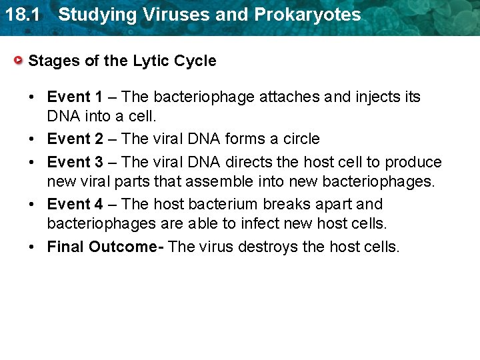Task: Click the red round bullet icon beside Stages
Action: pos(20,61)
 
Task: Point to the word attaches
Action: pos(290,97)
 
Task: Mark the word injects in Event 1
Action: pos(377,97)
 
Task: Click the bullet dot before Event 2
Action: pos(33,139)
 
